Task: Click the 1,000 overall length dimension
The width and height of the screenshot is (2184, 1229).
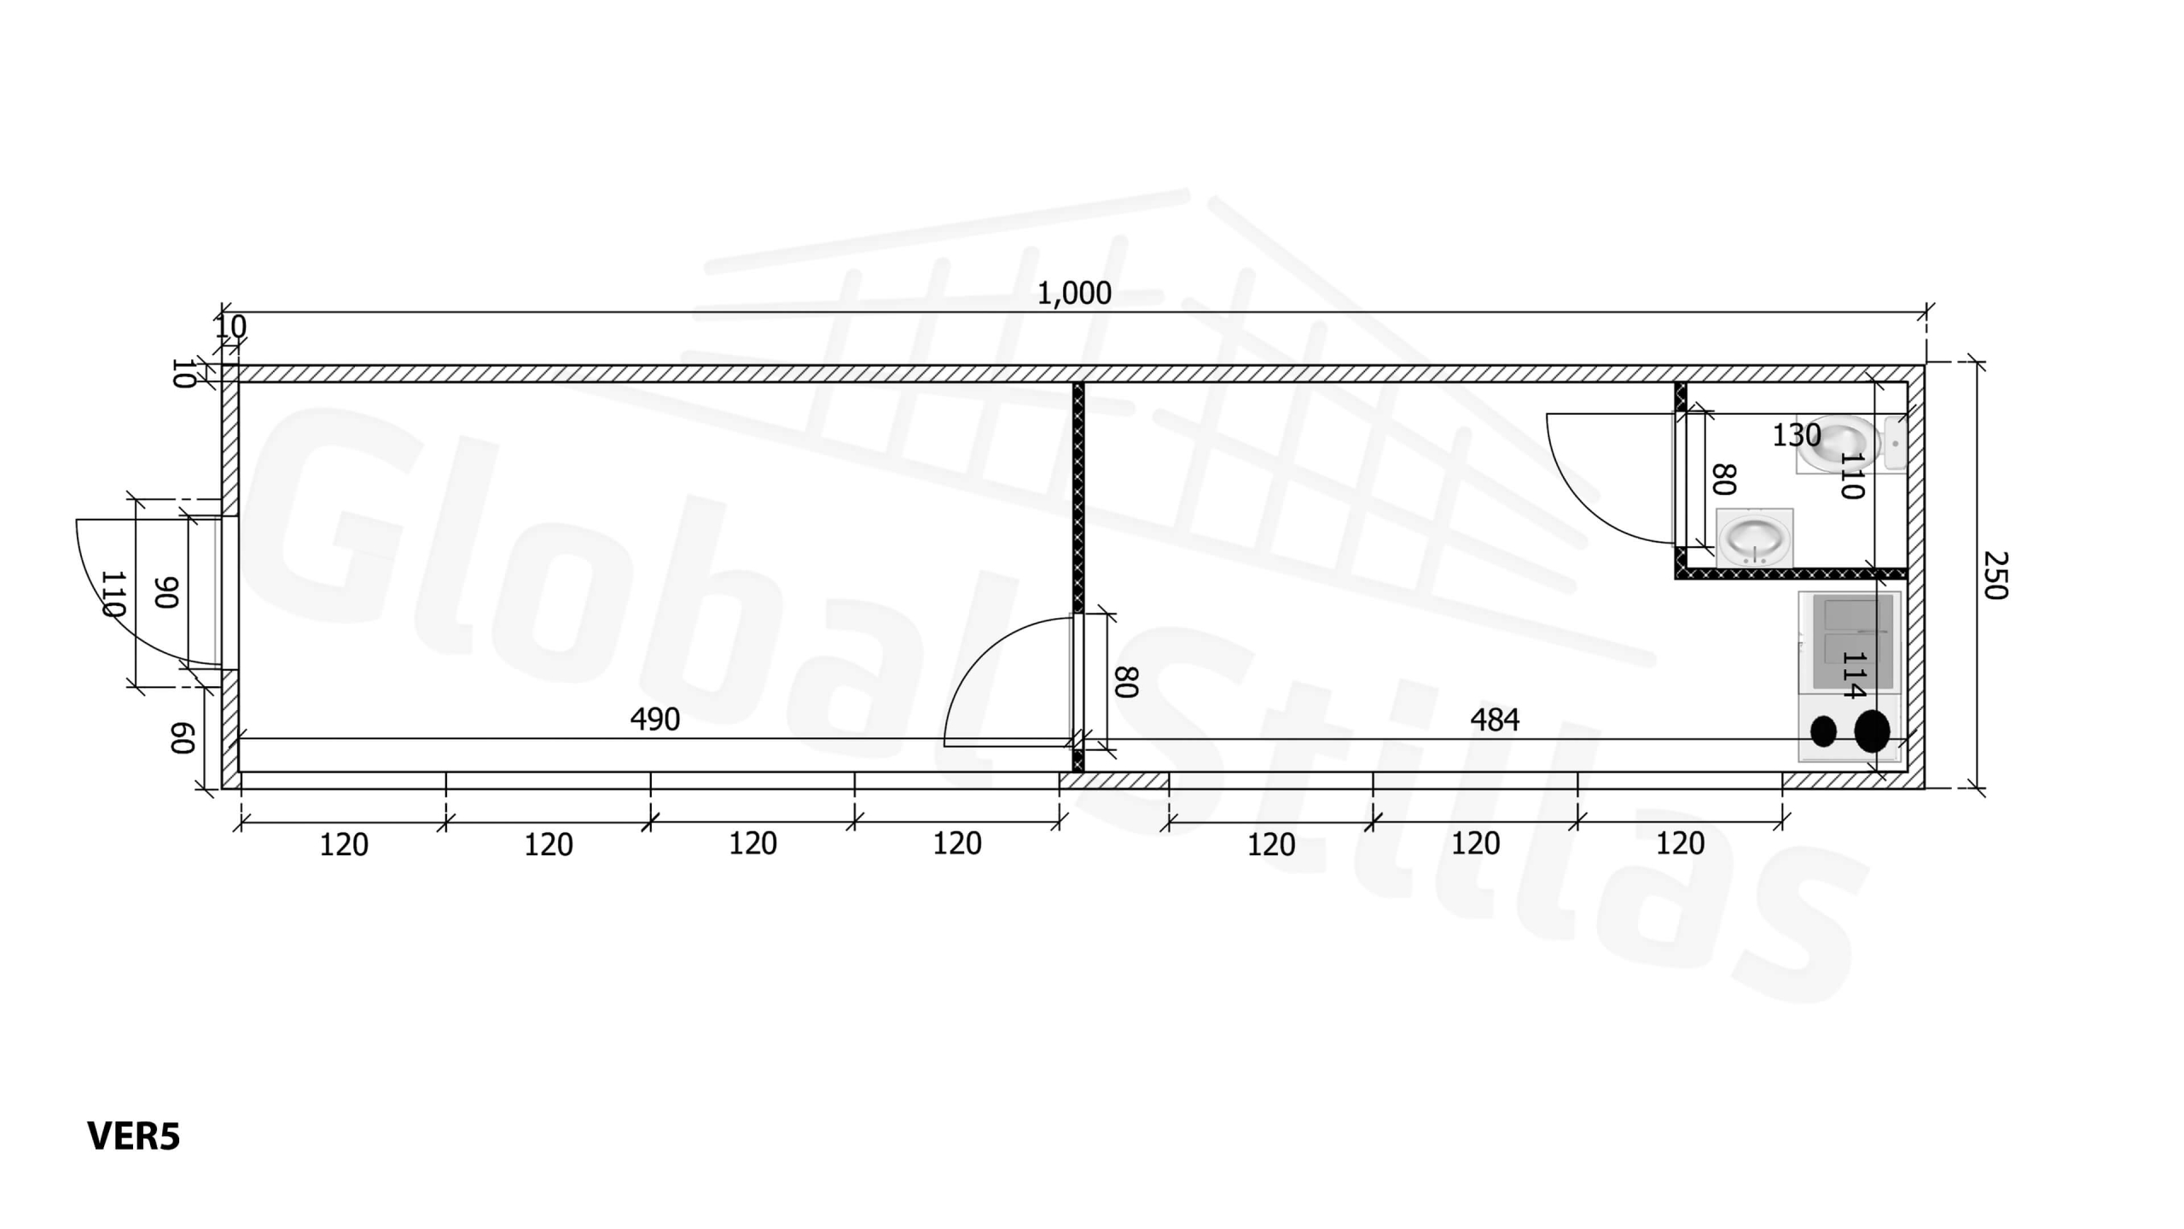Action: tap(1074, 294)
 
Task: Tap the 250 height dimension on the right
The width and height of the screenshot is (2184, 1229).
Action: tap(1995, 575)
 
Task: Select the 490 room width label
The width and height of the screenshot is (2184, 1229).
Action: tap(655, 719)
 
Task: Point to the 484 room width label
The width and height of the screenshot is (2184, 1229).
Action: tap(1495, 720)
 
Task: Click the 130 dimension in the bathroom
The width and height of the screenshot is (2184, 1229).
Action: tap(1797, 435)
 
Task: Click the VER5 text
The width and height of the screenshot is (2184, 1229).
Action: tap(134, 1137)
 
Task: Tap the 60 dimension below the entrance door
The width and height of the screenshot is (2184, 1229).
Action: tap(183, 738)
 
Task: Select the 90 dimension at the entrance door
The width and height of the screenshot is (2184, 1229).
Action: tap(166, 592)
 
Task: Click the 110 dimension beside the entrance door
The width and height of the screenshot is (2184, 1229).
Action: tap(113, 594)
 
